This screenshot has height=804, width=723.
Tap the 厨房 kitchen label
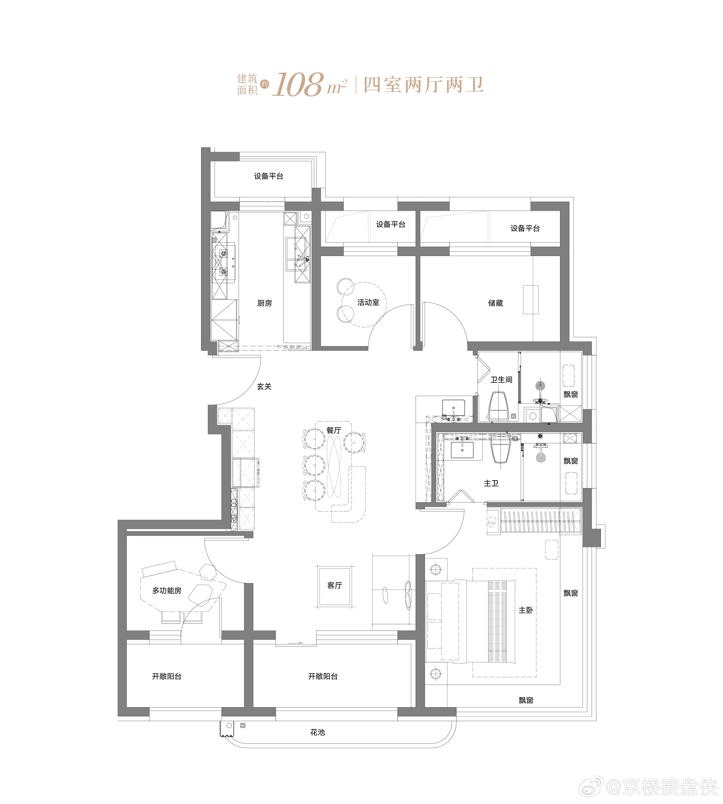point(265,303)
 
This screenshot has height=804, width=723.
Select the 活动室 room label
point(368,302)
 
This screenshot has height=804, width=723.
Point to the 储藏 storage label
point(495,303)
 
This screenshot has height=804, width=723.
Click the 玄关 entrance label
point(264,387)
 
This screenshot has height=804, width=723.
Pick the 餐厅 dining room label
point(334,430)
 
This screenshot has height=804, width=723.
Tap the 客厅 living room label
point(335,585)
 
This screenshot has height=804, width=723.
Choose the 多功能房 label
point(167,591)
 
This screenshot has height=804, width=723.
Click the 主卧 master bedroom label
point(525,610)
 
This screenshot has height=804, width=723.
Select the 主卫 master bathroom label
point(491,483)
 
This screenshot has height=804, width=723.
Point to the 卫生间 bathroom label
point(501,380)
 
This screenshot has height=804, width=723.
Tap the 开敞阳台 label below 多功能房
point(167,676)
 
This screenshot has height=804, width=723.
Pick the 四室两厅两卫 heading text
point(423,85)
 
